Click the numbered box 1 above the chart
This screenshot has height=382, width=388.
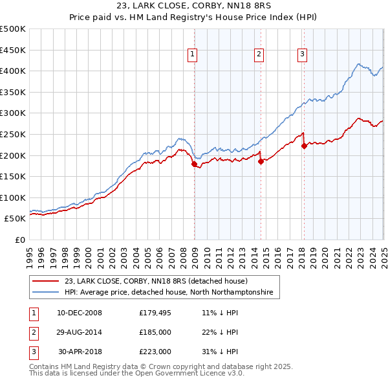(x=193, y=55)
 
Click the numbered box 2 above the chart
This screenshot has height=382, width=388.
(x=259, y=55)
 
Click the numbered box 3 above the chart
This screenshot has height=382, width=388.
(x=302, y=55)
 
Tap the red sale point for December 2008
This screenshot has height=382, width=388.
(x=194, y=164)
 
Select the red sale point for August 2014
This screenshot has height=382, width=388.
(x=261, y=162)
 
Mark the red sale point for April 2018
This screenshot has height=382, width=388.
(x=304, y=146)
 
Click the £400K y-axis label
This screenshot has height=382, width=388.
(x=14, y=71)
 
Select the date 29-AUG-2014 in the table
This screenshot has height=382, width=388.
(x=80, y=332)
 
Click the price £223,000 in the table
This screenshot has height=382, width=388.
(x=155, y=352)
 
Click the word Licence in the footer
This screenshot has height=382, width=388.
(x=206, y=374)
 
